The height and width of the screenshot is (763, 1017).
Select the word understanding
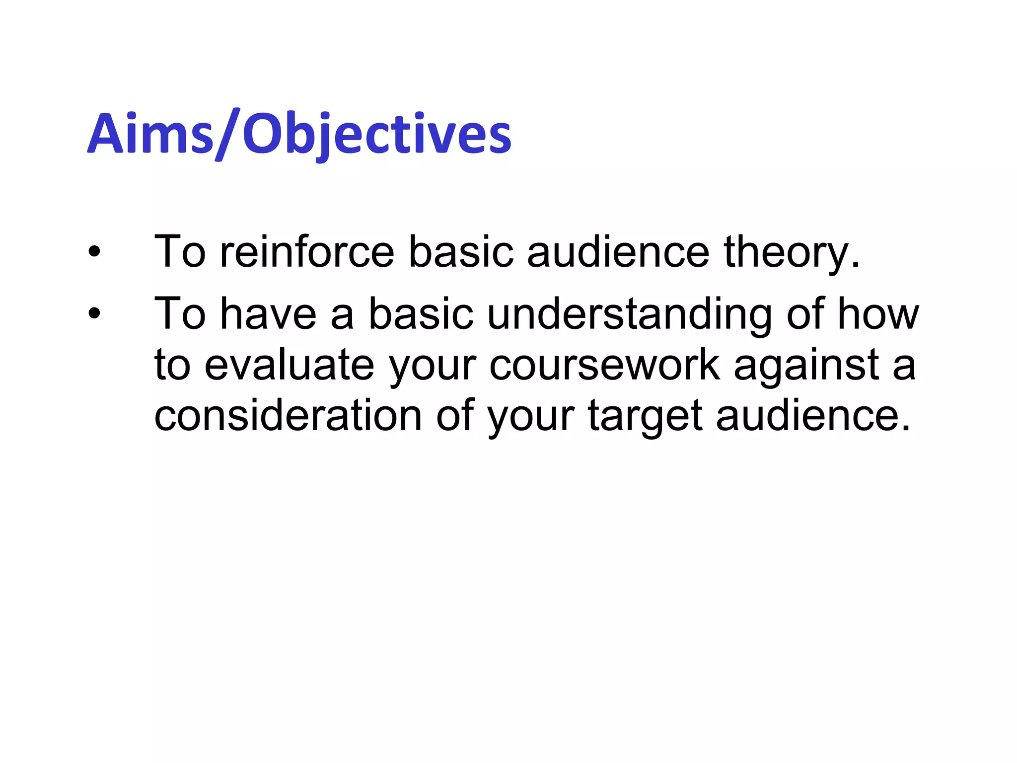pos(629,314)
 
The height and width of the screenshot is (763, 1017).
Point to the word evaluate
pos(290,366)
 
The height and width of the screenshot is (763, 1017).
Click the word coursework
pos(604,366)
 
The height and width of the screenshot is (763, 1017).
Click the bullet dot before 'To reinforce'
pos(94,252)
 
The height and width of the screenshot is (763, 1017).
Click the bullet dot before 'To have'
pos(94,314)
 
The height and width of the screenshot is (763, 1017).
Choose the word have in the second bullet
pos(268,314)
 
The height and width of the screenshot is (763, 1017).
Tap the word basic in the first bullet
pos(460,252)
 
